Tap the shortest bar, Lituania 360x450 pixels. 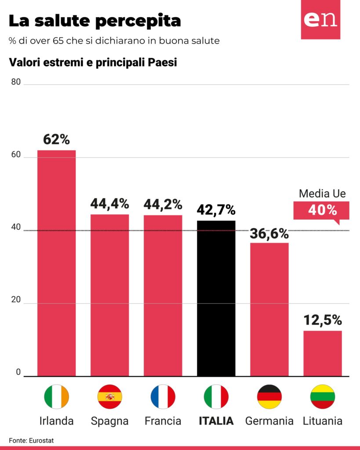pyautogui.click(x=323, y=353)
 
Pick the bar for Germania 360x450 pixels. pyautogui.click(x=269, y=309)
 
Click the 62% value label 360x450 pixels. pyautogui.click(x=56, y=139)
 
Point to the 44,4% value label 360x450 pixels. pyautogui.click(x=109, y=204)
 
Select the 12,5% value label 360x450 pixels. pyautogui.click(x=323, y=320)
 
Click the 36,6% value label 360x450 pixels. pyautogui.click(x=269, y=233)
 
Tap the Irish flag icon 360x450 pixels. pyautogui.click(x=56, y=396)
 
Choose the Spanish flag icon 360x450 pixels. pyautogui.click(x=109, y=396)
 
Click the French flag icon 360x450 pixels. pyautogui.click(x=163, y=396)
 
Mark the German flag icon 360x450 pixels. pyautogui.click(x=269, y=396)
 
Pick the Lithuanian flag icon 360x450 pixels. pyautogui.click(x=323, y=396)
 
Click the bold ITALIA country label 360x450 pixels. pyautogui.click(x=216, y=421)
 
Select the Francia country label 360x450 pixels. pyautogui.click(x=163, y=421)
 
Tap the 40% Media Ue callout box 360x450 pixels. pyautogui.click(x=321, y=210)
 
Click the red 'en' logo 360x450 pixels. pyautogui.click(x=320, y=20)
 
